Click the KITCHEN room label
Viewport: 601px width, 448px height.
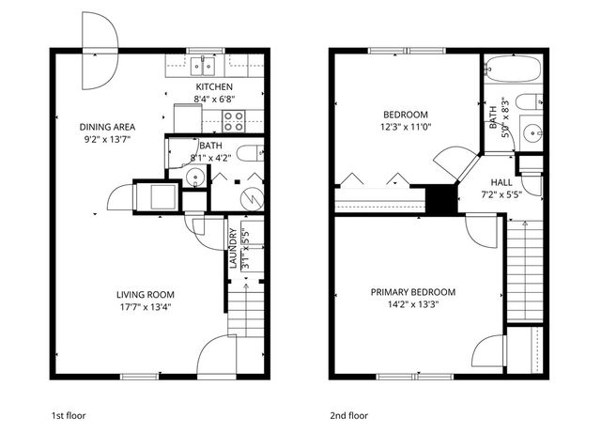tap(213, 86)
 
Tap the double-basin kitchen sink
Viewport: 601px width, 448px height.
tap(201, 65)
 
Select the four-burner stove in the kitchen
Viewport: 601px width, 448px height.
tap(234, 120)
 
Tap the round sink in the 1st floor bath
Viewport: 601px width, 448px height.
tap(195, 178)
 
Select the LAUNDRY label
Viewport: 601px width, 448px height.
tap(232, 249)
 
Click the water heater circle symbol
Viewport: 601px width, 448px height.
tap(250, 198)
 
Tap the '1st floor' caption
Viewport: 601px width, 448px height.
tap(69, 414)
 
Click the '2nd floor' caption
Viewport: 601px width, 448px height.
tap(348, 414)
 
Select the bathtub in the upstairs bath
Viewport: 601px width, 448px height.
tap(513, 69)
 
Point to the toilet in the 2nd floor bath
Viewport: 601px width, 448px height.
tap(528, 101)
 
